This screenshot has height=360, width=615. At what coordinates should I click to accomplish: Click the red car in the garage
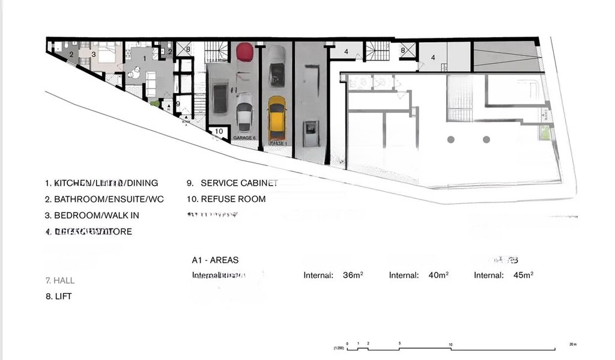(x=244, y=52)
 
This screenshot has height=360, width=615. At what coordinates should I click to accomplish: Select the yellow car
(x=277, y=117)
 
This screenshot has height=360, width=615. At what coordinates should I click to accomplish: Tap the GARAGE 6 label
(x=244, y=138)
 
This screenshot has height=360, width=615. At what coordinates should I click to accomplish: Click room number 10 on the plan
(x=219, y=131)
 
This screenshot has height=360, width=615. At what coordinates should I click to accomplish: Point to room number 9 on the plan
(x=178, y=104)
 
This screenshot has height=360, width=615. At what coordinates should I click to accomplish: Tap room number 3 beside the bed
(x=94, y=54)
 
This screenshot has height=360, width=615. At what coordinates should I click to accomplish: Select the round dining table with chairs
(x=133, y=73)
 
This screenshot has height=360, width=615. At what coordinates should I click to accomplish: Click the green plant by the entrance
(x=157, y=104)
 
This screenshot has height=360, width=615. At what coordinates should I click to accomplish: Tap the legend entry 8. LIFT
(x=59, y=296)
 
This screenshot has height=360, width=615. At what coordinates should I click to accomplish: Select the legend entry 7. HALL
(x=60, y=281)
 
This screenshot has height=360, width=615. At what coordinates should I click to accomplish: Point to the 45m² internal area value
(x=523, y=275)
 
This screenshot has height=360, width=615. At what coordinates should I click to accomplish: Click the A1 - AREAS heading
(x=215, y=260)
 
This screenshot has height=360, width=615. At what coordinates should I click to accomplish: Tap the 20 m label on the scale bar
(x=572, y=344)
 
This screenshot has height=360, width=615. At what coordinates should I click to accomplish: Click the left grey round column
(x=450, y=139)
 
